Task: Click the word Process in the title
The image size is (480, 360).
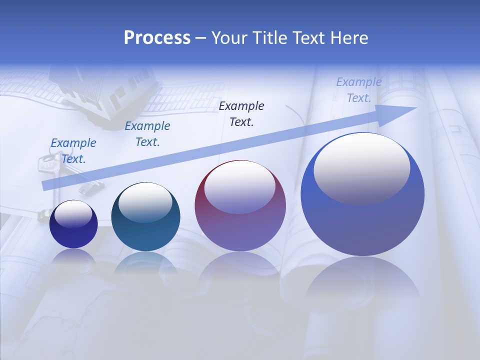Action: (x=157, y=38)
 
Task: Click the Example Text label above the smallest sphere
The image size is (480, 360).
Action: (x=73, y=151)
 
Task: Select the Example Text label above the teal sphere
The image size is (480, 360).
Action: (x=147, y=134)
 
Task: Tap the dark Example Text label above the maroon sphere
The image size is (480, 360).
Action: (x=241, y=113)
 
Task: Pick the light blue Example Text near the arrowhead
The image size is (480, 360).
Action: (x=359, y=90)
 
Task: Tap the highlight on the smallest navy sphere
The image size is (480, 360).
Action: (x=73, y=215)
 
